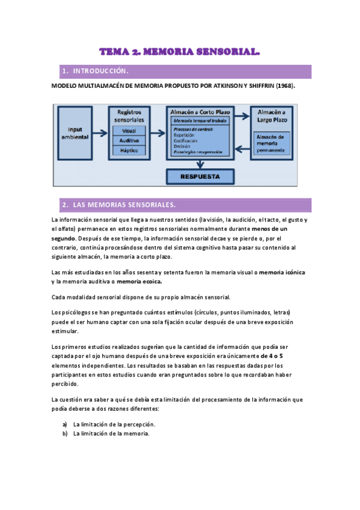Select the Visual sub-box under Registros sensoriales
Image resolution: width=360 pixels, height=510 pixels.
pyautogui.click(x=129, y=131)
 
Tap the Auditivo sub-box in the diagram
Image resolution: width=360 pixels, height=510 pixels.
pyautogui.click(x=129, y=141)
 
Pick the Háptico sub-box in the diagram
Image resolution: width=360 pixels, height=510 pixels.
pyautogui.click(x=129, y=150)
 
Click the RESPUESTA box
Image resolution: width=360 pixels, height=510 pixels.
pyautogui.click(x=200, y=177)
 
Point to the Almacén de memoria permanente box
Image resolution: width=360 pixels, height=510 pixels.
pyautogui.click(x=273, y=144)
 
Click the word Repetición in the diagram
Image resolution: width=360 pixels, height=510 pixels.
pyautogui.click(x=184, y=135)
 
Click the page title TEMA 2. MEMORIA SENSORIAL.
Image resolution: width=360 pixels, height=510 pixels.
pyautogui.click(x=180, y=53)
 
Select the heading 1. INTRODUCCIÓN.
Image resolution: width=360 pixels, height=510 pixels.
pyautogui.click(x=96, y=72)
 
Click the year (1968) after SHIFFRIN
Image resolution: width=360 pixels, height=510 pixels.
pyautogui.click(x=285, y=86)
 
